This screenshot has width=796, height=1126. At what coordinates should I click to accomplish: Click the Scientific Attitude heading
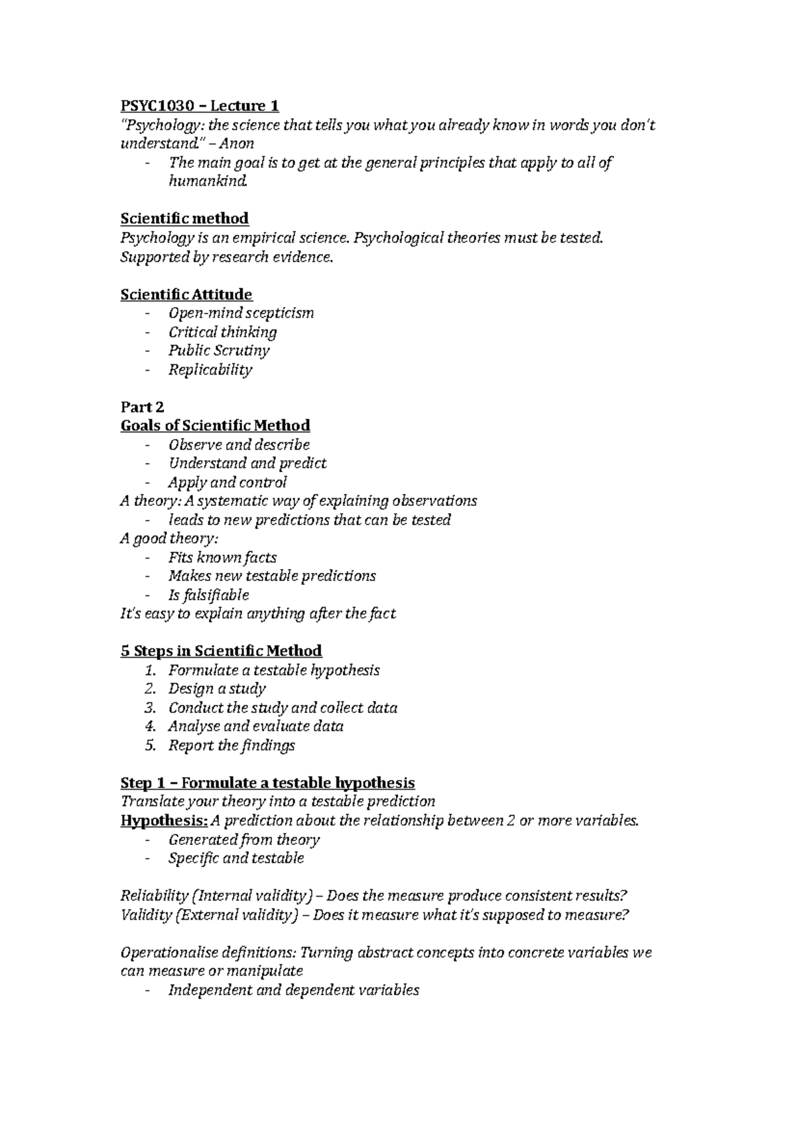coord(186,294)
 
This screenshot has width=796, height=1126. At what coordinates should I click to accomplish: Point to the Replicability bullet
coord(210,370)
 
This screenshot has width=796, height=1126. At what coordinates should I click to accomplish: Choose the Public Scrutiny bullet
coord(219,351)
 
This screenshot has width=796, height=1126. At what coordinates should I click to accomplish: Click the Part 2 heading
coord(142,407)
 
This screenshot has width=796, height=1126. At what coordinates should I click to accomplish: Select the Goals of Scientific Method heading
coord(215,426)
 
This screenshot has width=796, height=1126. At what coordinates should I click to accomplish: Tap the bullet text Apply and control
coord(228,483)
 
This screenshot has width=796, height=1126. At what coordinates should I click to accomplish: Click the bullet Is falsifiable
coord(208,595)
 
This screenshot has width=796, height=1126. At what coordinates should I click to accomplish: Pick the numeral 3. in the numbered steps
coord(150,708)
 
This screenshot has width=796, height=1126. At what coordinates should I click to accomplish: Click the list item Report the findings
coord(232,746)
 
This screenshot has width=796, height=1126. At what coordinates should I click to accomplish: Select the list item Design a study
coord(217,689)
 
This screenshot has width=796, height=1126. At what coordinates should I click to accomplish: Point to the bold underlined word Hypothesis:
coord(164,821)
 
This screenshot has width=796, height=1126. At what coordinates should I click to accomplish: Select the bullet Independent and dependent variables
coord(293,991)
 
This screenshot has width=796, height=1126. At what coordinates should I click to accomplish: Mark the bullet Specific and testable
coord(236,859)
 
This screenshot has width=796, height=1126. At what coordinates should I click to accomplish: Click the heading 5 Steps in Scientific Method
coord(221,651)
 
